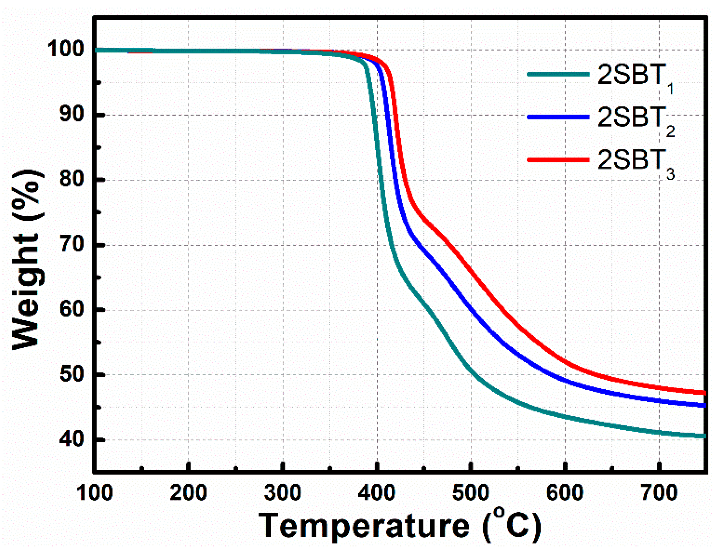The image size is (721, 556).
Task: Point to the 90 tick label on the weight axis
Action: (x=72, y=114)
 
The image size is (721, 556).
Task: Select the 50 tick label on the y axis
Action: (x=72, y=374)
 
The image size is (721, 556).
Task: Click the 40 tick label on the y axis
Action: (x=72, y=439)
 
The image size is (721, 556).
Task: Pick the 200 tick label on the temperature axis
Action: (x=188, y=493)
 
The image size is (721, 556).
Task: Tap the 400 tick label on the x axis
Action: (x=377, y=493)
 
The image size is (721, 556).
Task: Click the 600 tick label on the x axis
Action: (x=565, y=493)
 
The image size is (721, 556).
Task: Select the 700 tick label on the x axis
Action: (x=659, y=493)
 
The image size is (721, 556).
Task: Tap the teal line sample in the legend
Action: (x=558, y=74)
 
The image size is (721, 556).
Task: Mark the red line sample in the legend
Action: (x=558, y=160)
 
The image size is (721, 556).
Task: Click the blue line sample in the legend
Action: (x=558, y=117)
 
